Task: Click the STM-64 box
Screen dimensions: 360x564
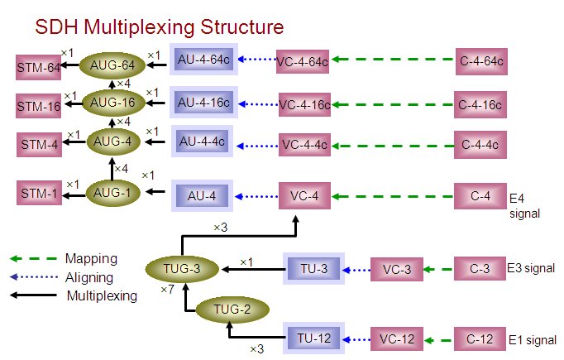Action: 40,66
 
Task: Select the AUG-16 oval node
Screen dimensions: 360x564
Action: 112,103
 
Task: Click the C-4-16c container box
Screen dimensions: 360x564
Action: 480,105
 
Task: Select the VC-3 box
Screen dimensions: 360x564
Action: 397,269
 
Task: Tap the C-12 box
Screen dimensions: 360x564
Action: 480,338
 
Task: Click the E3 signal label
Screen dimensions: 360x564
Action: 529,268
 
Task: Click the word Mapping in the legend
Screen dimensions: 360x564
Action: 91,259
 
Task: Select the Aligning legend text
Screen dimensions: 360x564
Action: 89,277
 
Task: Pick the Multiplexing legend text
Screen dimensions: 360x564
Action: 101,295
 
